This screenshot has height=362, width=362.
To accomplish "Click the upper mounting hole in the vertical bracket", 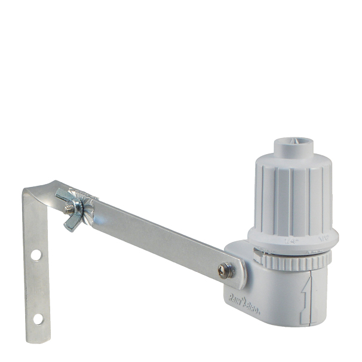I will click(x=36, y=255).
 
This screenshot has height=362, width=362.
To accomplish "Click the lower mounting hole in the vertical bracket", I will click(x=38, y=318).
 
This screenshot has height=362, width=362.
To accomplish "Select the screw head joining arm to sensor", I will click(x=226, y=271).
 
